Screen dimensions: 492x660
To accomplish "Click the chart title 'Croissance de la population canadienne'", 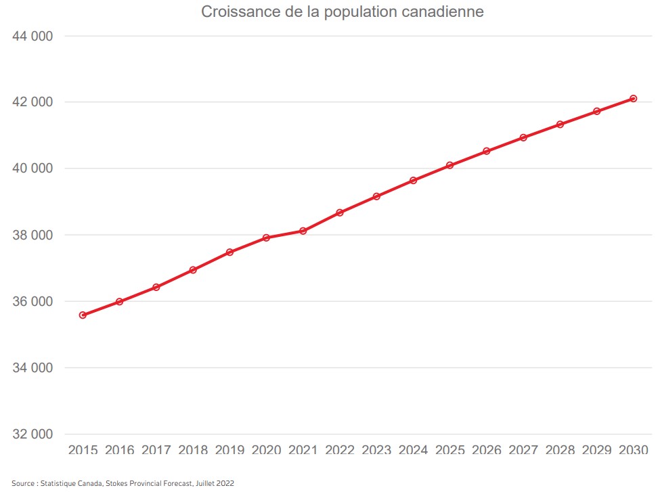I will point(342,12).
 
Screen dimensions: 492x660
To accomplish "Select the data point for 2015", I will point(83,315).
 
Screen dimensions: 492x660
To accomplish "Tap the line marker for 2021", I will point(303,231).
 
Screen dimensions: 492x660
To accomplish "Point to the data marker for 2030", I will point(633,99).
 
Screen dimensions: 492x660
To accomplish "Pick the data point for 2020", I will point(266,238).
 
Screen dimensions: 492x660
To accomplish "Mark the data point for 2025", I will point(449,165).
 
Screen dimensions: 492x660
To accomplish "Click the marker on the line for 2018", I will point(193,270).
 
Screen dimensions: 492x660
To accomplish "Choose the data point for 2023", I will point(376,196).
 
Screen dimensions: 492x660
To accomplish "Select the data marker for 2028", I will point(560,125).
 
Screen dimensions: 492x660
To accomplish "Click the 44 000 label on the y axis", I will point(32,37).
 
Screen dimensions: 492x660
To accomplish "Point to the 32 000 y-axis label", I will point(32,434).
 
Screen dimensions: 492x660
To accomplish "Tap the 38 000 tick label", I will point(32,236).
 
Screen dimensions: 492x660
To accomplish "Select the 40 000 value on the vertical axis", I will point(32,169).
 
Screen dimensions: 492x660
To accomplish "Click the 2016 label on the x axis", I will point(119,451).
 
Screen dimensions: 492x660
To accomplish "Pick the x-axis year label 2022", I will point(340,451).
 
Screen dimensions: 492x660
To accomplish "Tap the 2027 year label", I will point(523,451).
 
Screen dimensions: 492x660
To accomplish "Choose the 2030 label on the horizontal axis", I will point(633,451).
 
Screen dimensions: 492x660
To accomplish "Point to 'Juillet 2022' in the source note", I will point(216,483).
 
